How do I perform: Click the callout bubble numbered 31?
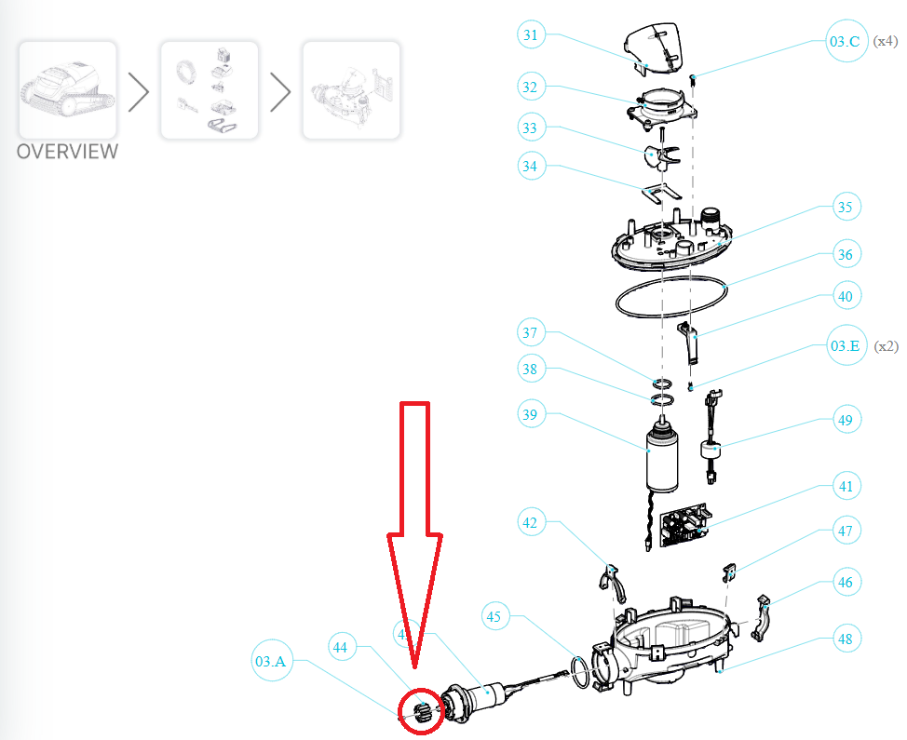[531, 35]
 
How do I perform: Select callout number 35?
[845, 208]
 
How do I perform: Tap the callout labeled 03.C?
[845, 41]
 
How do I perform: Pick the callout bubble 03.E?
[845, 346]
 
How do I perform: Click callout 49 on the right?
[845, 421]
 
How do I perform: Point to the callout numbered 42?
[531, 523]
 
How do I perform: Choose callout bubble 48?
[845, 639]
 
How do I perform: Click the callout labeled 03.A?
[269, 661]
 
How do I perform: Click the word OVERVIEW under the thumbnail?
[68, 151]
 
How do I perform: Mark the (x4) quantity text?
[885, 41]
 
